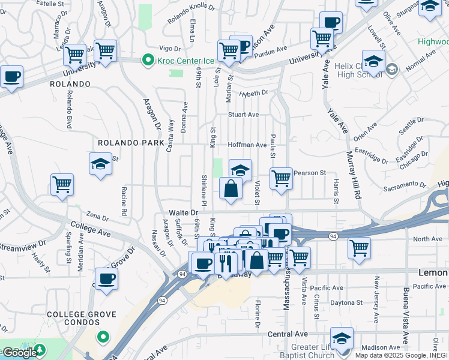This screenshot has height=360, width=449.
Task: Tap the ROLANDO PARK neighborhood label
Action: pos(131,143)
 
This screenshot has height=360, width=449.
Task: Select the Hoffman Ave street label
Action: pos(247,145)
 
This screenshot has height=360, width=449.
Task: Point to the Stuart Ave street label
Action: pos(243,114)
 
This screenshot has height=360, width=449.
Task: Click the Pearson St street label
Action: pos(310,173)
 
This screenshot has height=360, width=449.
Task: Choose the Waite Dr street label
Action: pos(183,212)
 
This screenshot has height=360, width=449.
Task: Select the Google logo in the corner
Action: pos(20,352)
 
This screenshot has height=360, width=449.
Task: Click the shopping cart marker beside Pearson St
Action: pos(281,178)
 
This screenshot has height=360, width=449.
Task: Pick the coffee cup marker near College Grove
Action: pos(106,278)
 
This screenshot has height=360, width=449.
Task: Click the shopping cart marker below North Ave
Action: pos(359,247)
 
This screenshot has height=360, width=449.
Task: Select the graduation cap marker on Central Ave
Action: pos(342,338)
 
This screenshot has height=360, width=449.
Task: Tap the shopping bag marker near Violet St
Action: pos(231,188)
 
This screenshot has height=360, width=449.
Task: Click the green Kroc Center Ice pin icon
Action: pos(147,60)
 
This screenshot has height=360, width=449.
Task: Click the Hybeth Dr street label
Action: pos(253,93)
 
